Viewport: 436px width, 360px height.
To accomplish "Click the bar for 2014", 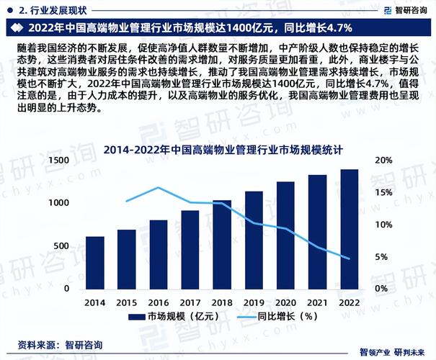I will click(95, 263).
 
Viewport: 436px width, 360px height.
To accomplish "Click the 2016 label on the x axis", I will click(159, 303).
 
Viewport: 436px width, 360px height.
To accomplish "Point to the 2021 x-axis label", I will click(317, 303).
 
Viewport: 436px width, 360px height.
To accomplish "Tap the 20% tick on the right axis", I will click(383, 161).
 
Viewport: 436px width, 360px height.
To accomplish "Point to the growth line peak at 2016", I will click(159, 188).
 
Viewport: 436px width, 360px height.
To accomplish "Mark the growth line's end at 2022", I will click(349, 258).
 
